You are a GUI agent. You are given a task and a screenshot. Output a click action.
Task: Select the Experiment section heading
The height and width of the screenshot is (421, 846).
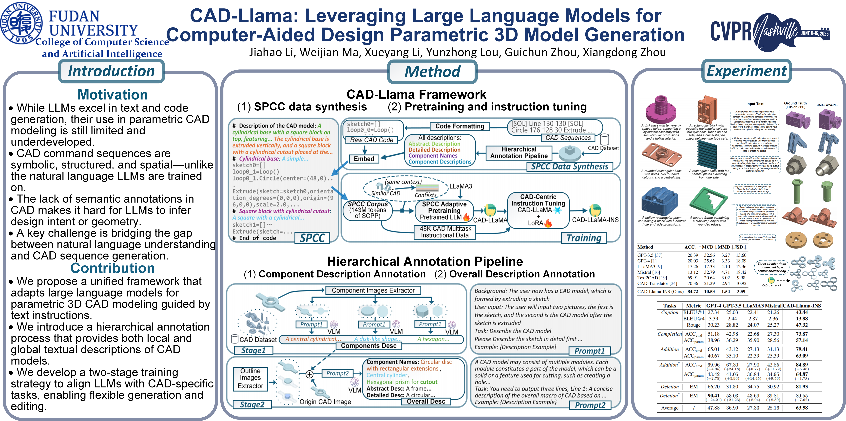tap(747, 71)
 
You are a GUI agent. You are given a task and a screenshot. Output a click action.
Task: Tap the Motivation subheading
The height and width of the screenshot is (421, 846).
tap(113, 95)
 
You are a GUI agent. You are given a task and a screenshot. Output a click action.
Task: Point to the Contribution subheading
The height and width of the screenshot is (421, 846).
tap(113, 268)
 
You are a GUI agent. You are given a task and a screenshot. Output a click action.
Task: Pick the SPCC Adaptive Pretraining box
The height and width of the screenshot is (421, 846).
tap(444, 211)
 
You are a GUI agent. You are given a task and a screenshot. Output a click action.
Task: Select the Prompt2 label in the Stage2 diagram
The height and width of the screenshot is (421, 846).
tap(337, 373)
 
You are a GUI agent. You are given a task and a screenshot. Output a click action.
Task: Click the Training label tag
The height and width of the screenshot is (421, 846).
tap(584, 238)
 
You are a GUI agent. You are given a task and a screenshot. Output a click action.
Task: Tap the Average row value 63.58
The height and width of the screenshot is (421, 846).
tap(802, 408)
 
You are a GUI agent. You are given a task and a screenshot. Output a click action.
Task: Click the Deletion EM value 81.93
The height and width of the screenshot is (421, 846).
tap(802, 387)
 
